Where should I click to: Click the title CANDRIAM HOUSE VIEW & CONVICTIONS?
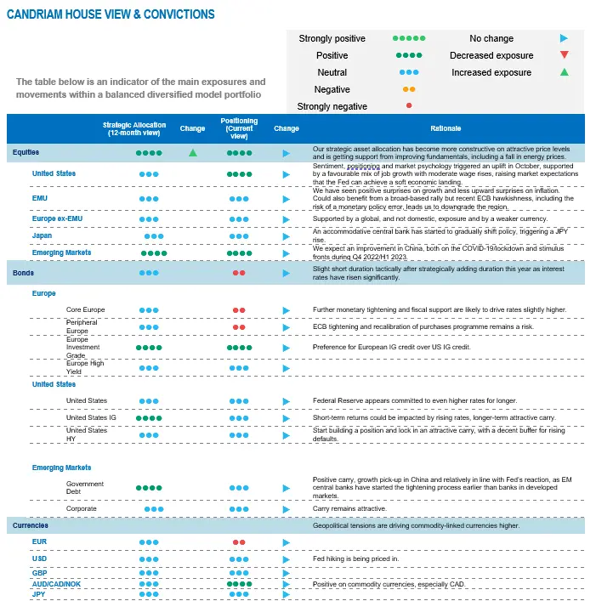pyautogui.click(x=111, y=14)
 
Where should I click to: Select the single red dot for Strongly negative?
pyautogui.click(x=409, y=106)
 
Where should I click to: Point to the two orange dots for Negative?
pyautogui.click(x=409, y=89)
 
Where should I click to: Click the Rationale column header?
pyautogui.click(x=446, y=128)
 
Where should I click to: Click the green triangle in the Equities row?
pyautogui.click(x=193, y=153)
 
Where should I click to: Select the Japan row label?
pyautogui.click(x=43, y=236)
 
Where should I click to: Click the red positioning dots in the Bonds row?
pyautogui.click(x=239, y=273)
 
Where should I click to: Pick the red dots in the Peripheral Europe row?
pyautogui.click(x=239, y=326)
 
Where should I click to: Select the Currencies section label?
pyautogui.click(x=31, y=526)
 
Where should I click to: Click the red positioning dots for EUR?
pyautogui.click(x=239, y=541)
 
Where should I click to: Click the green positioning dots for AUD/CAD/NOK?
pyautogui.click(x=239, y=584)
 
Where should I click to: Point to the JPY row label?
pyautogui.click(x=39, y=594)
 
